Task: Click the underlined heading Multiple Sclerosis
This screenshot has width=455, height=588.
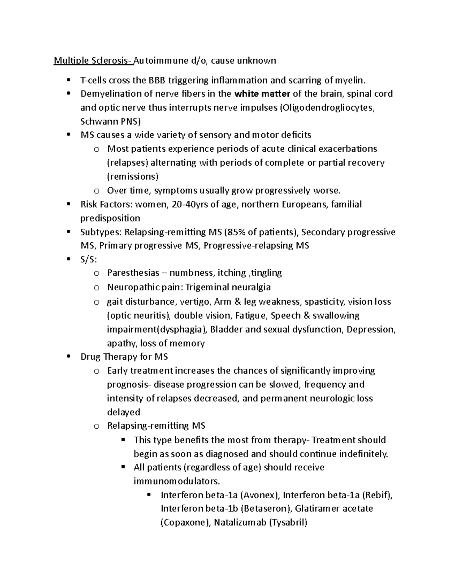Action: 93,61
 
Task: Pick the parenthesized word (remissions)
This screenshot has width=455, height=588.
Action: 133,176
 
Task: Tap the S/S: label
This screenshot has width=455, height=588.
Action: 89,259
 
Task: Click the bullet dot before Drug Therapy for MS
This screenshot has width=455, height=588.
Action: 68,357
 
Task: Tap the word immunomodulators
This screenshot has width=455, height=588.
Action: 176,481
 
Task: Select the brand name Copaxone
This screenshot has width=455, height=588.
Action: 185,523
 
